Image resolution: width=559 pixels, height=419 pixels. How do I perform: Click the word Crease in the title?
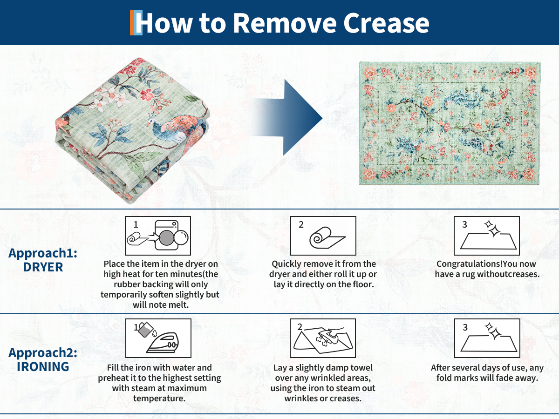click(x=386, y=23)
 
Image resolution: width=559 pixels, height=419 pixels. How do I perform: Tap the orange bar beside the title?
click(x=132, y=22)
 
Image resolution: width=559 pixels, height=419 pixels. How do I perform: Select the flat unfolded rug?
click(x=449, y=123)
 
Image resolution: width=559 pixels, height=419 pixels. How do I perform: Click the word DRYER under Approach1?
click(x=43, y=267)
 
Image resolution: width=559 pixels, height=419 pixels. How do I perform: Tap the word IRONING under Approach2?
click(x=43, y=366)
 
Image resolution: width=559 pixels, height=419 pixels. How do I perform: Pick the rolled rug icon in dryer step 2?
click(x=327, y=237)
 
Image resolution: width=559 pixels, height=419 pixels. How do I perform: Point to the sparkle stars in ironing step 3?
click(x=493, y=331)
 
